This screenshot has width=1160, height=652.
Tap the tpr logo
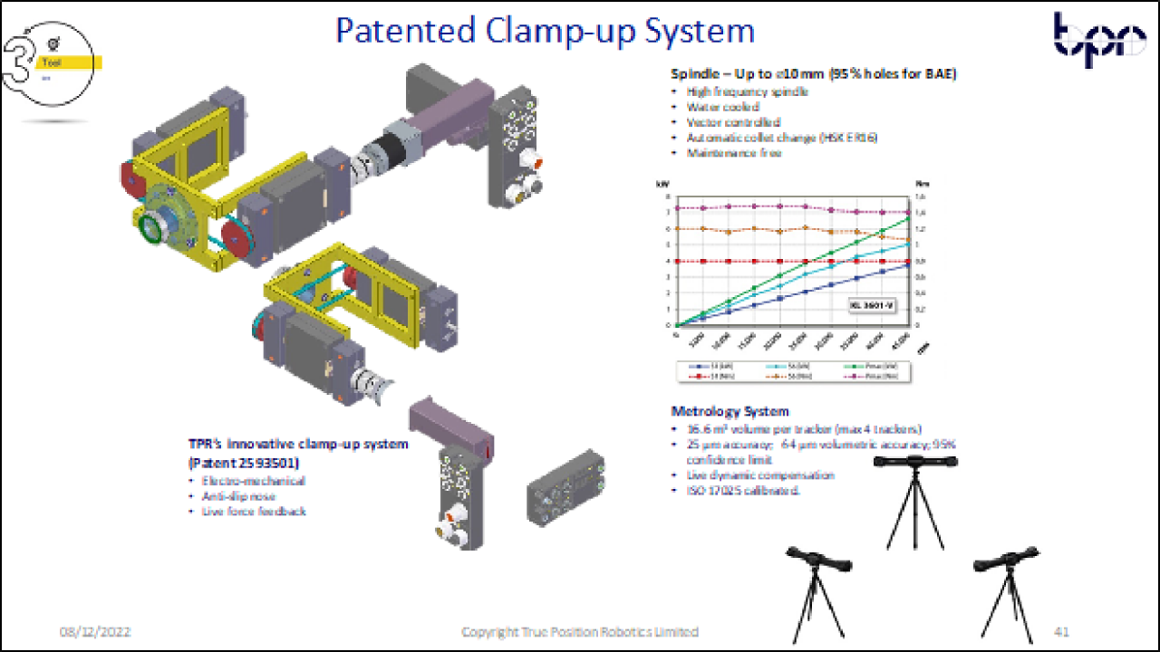pos(1098,41)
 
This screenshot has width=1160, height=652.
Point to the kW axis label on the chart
pos(663,184)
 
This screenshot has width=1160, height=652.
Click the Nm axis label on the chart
pos(922,184)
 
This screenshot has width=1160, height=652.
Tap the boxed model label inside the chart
pos(871,306)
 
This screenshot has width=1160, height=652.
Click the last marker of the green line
pos(907,218)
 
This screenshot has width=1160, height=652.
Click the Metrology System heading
pos(730,411)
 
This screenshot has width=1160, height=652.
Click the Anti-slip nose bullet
pos(238,496)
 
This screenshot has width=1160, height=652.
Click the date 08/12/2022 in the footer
pos(95,631)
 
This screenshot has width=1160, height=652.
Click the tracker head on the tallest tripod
pos(914,463)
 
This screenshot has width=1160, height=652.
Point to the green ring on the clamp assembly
pos(147,229)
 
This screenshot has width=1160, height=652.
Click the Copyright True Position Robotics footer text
pos(580,631)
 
